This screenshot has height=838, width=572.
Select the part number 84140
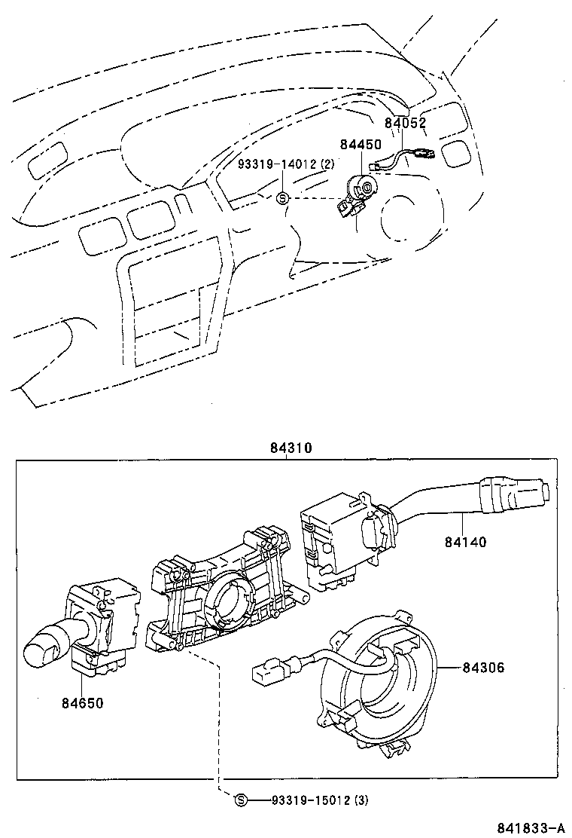(x=465, y=541)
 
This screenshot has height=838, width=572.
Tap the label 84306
(x=483, y=668)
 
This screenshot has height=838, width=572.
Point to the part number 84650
(x=82, y=703)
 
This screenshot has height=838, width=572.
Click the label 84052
(x=406, y=124)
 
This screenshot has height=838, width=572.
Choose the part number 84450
(x=360, y=144)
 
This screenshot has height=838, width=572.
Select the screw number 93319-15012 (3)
(x=320, y=800)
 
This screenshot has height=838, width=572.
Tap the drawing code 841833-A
(x=530, y=827)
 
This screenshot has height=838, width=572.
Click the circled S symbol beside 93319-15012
(x=241, y=800)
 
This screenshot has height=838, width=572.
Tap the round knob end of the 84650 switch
(x=42, y=647)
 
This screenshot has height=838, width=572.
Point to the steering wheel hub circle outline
(x=406, y=219)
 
